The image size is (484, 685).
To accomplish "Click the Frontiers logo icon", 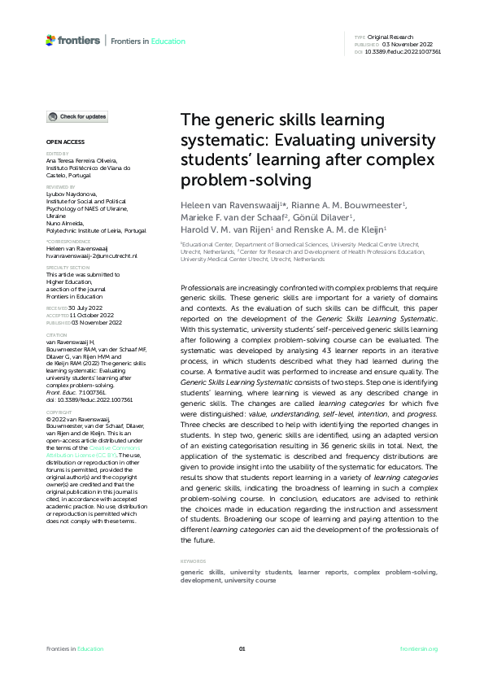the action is (51, 40).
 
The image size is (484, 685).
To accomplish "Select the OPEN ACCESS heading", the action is (59, 142).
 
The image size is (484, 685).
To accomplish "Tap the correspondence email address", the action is (92, 255).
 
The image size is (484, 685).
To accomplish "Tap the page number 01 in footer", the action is (242, 648).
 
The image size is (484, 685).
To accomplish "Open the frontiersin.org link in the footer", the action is (420, 648).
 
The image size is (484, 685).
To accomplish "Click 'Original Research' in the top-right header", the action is (391, 37).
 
